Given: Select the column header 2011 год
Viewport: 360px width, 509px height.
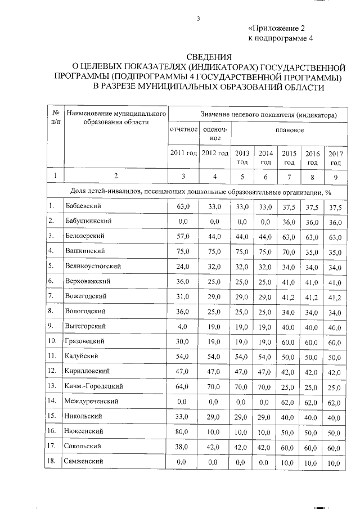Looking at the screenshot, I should (x=183, y=153).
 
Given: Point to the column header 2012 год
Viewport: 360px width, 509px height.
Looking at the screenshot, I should (x=215, y=153).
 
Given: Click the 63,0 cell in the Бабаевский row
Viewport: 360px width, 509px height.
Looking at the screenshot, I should (x=183, y=207).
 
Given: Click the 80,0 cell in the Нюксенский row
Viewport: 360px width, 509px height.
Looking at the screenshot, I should (x=183, y=431).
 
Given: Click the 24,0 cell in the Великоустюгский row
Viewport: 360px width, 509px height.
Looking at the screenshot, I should (x=183, y=266).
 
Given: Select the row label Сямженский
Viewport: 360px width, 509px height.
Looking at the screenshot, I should (x=84, y=461).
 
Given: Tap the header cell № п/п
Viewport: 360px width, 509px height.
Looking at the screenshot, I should (x=55, y=117).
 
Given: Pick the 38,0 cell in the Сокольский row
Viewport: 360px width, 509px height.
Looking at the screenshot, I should (x=183, y=447).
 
